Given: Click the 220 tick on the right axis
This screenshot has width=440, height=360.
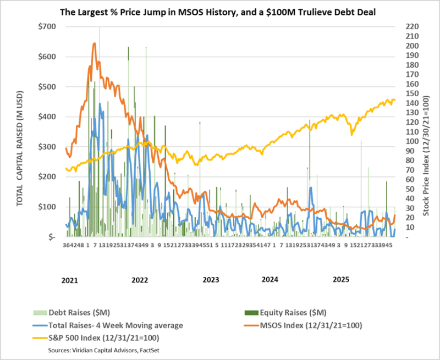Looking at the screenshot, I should point(411,26).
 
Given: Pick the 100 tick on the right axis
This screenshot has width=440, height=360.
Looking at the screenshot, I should point(411,141).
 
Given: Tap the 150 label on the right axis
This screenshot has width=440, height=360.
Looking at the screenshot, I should point(411,93).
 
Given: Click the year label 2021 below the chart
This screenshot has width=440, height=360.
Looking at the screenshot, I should point(70,280).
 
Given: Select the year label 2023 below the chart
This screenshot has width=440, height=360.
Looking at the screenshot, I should point(211,280).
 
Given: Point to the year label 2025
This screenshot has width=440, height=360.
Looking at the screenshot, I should point(342,280).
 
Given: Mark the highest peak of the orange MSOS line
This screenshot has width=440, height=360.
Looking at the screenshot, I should point(95,43).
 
